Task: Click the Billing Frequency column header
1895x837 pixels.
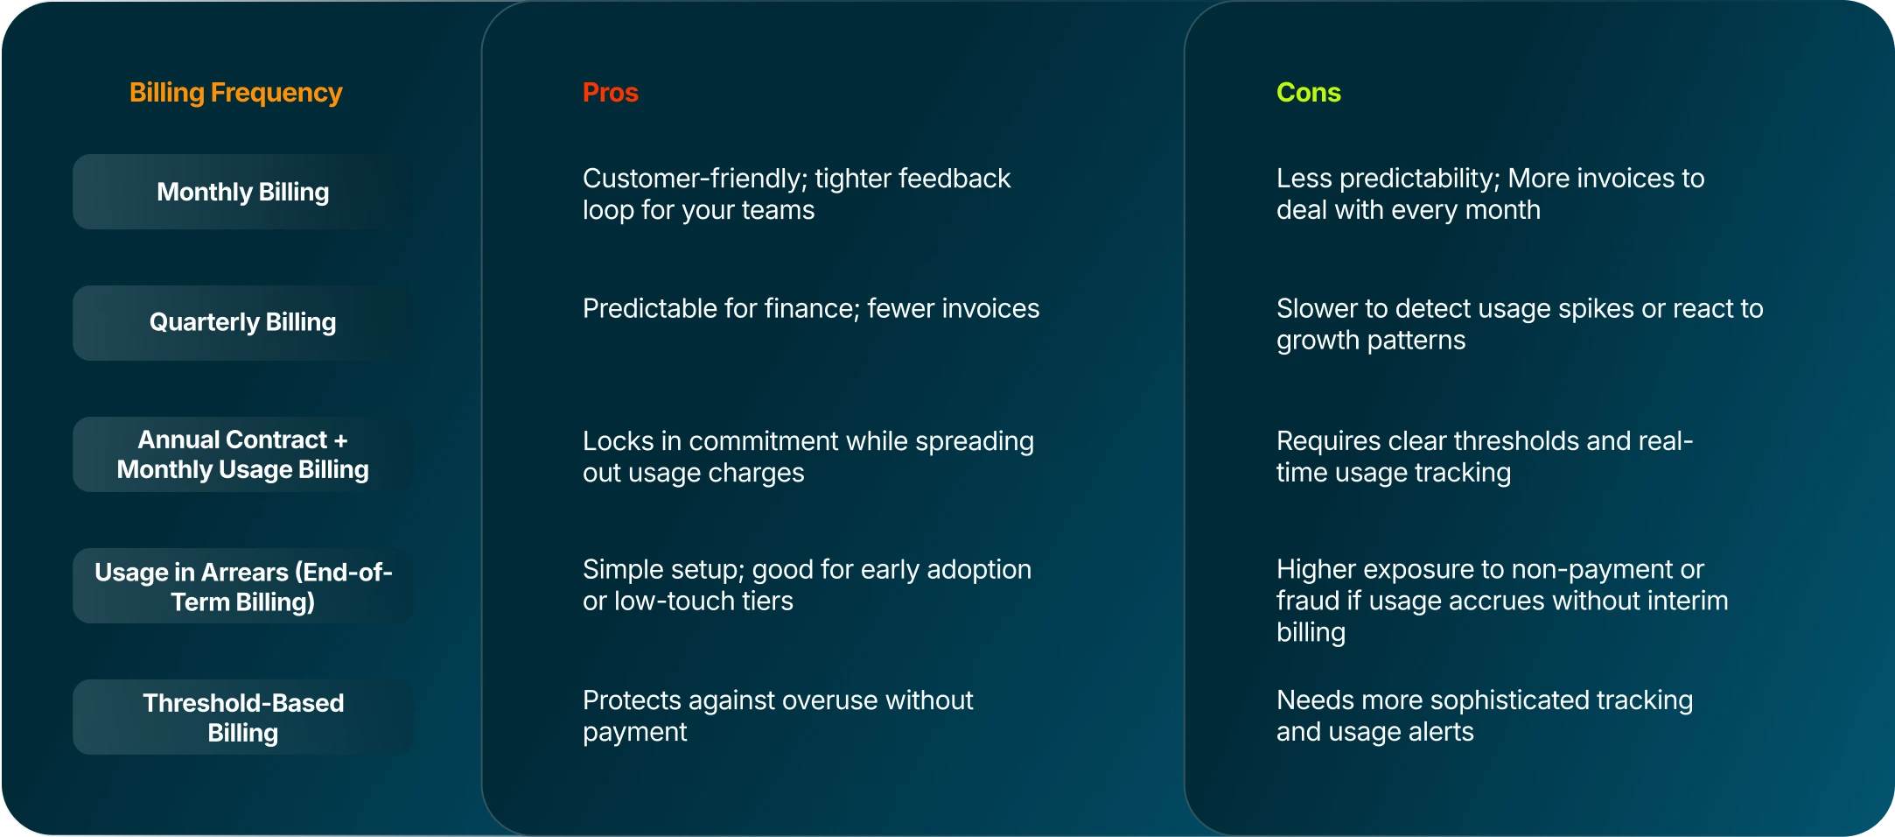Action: point(235,93)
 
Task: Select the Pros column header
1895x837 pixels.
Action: point(610,93)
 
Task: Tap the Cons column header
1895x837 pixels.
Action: point(1308,93)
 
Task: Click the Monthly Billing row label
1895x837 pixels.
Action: point(242,192)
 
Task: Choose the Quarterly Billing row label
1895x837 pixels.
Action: point(242,322)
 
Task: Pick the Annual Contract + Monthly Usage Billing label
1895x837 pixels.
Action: point(242,454)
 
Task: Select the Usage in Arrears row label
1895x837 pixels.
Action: point(242,586)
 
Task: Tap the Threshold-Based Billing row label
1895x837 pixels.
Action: point(242,717)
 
